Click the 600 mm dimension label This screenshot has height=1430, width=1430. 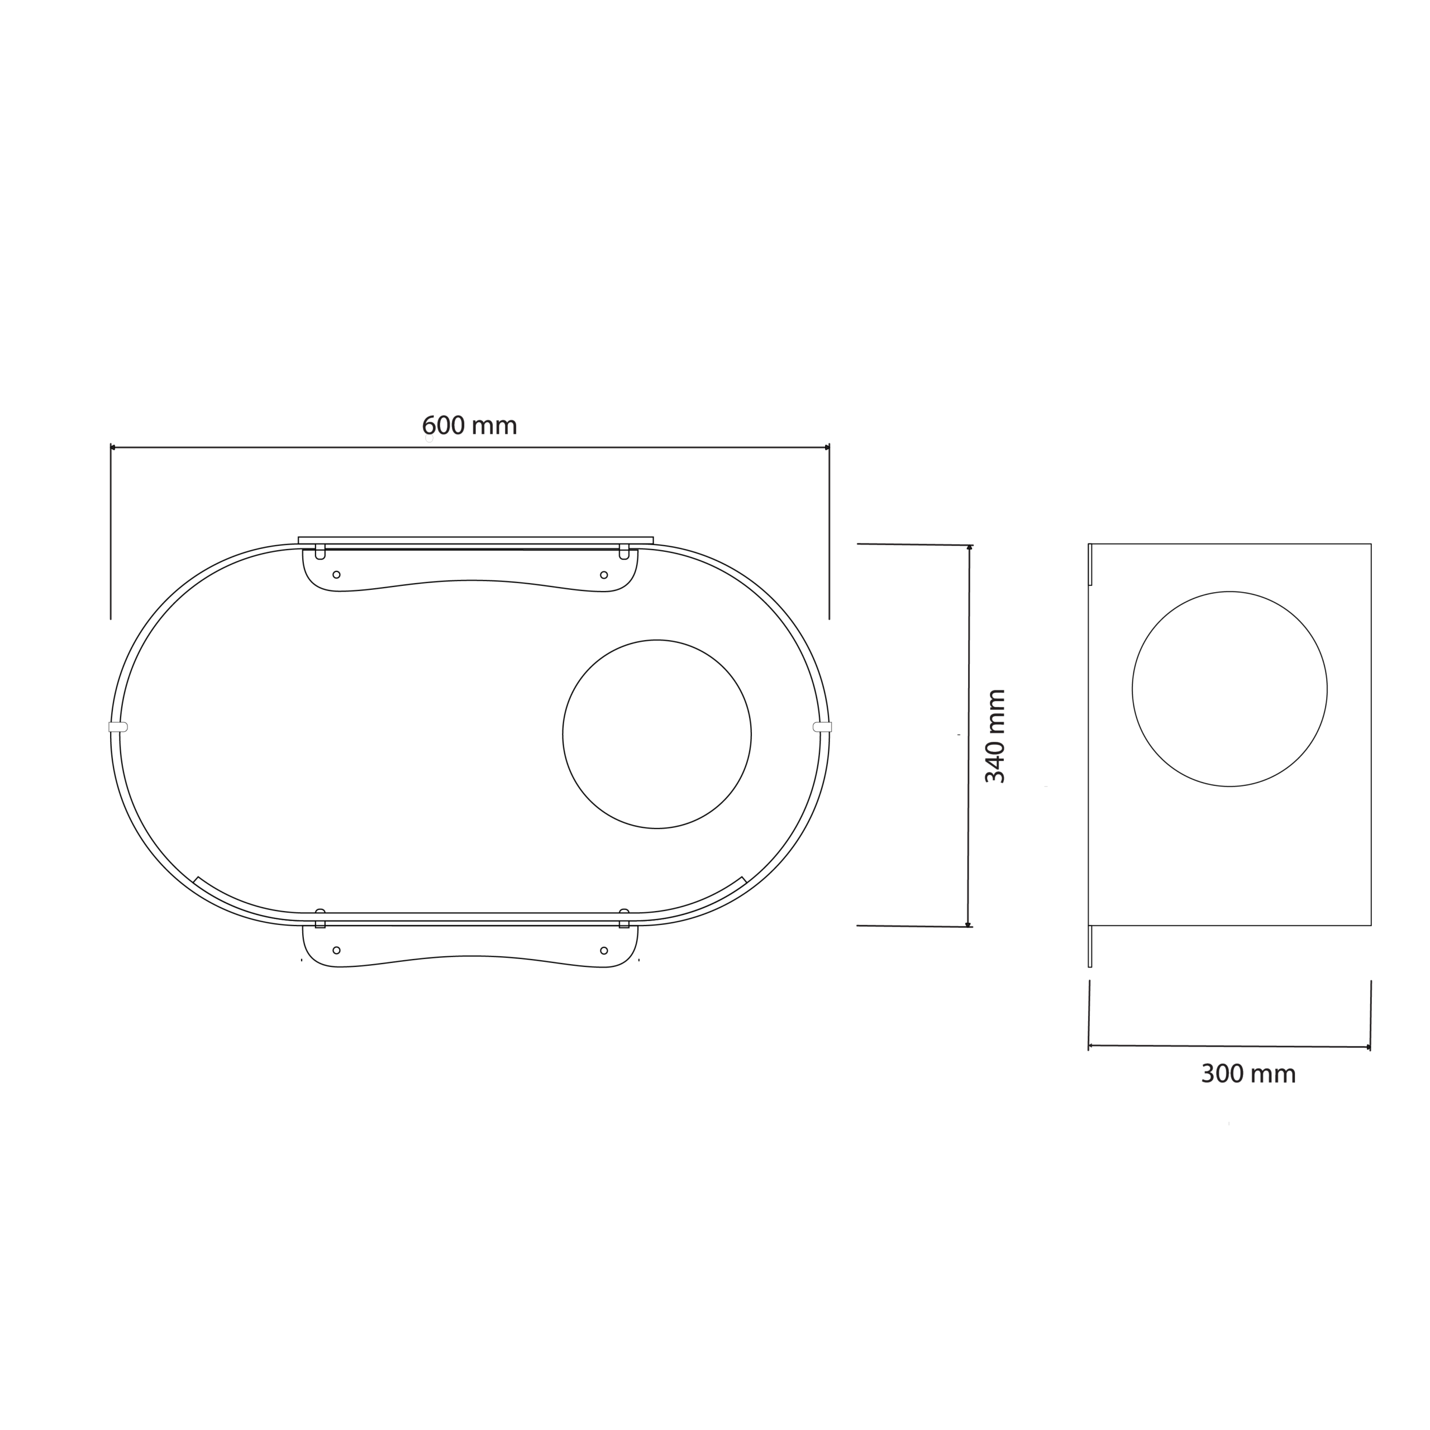tap(469, 426)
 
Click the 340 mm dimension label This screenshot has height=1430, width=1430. tap(995, 736)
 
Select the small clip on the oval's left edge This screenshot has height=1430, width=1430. tap(118, 727)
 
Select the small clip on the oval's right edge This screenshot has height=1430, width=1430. tap(822, 727)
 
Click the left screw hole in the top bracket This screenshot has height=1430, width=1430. tap(337, 575)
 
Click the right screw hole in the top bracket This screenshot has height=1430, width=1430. tap(604, 575)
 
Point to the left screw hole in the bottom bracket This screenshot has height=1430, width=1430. tap(337, 950)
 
